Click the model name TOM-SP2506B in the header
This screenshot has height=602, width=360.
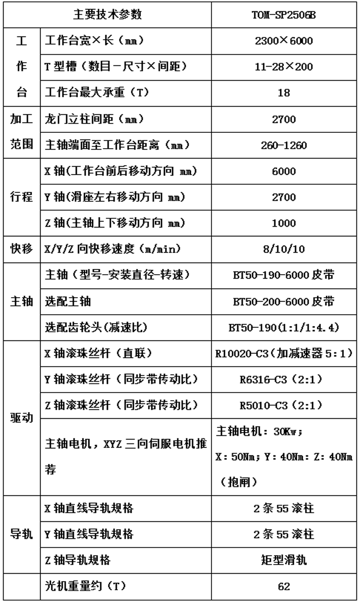click(x=284, y=15)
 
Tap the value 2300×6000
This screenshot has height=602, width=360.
click(x=283, y=42)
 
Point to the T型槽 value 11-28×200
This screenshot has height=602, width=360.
click(x=283, y=68)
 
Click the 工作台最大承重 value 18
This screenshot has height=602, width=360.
click(x=283, y=94)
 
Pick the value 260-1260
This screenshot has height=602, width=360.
click(x=283, y=145)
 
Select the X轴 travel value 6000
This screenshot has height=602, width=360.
click(x=283, y=171)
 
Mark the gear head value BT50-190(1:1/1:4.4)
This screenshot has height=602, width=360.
click(x=283, y=328)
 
